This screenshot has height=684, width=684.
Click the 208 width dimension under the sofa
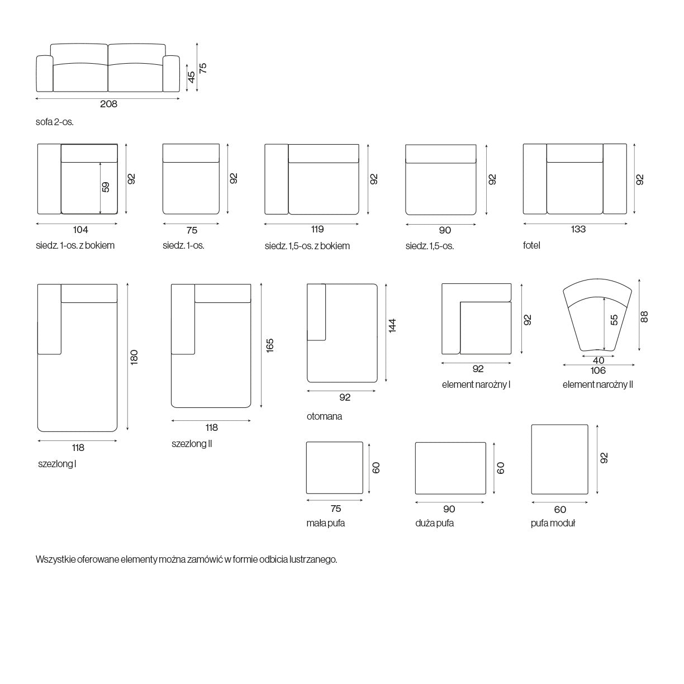pos(108,104)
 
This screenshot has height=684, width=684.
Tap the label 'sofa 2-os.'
pos(55,122)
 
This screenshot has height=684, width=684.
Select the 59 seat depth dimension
pos(106,187)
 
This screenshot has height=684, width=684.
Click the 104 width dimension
pos(80,230)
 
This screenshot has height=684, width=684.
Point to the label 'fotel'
pos(531,245)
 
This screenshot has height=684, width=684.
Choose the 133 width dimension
pos(578,229)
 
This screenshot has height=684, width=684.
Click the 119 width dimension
pos(317,229)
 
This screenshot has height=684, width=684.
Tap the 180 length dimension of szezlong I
pos(134,358)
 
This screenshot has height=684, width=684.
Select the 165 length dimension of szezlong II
pos(270,346)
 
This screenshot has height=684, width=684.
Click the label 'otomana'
pos(325,416)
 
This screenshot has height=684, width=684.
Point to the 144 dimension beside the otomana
pos(392,326)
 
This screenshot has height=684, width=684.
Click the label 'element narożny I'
pos(476,384)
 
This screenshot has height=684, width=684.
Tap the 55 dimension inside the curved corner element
pos(614,320)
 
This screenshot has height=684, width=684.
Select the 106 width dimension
pos(598,370)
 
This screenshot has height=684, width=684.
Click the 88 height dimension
pos(644,317)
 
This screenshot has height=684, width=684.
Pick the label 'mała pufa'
pos(325,523)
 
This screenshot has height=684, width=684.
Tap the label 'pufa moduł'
pos(553,523)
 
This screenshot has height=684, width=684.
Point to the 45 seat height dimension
pos(191,77)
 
